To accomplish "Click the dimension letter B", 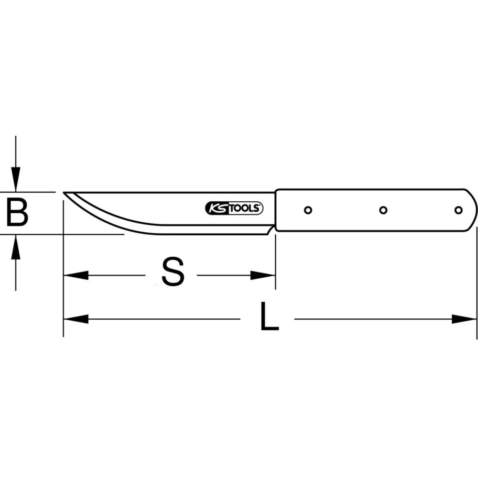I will click(17, 213).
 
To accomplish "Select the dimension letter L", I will click(269, 317).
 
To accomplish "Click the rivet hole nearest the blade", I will click(308, 210).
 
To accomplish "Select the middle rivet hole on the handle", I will click(383, 210).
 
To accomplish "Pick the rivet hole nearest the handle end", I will click(458, 210).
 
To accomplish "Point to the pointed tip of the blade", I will click(65, 193).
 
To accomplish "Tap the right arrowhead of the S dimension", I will click(263, 275).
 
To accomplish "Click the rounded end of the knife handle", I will click(473, 210).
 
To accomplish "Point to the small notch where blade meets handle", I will click(272, 230).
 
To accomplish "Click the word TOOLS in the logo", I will click(245, 208).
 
